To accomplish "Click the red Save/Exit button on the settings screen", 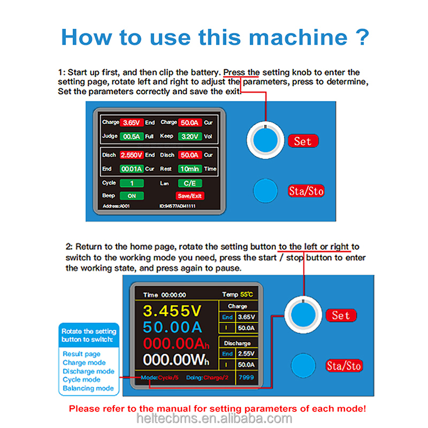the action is (190, 196).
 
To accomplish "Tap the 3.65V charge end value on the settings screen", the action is (131, 123).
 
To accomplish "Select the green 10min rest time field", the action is (190, 169).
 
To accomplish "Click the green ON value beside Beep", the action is (132, 196).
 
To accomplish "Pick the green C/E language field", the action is (190, 183).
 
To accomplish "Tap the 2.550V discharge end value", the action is (131, 155).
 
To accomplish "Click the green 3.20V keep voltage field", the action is (190, 136).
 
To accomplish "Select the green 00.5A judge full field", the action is (131, 136).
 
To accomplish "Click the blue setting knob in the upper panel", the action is (265, 140).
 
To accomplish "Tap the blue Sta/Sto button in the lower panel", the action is (303, 365).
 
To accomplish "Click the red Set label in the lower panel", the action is (341, 316).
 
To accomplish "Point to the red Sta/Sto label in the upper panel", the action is (306, 191).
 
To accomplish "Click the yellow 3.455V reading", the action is (172, 311).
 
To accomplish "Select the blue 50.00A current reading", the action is (172, 327).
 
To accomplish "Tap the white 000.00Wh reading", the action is (176, 360).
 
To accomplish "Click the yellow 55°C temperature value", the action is (247, 295).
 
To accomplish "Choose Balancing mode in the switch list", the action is (88, 388).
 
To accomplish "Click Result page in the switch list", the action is (81, 354).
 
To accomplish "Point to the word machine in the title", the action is (298, 37).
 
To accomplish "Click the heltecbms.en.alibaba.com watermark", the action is (215, 418).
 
